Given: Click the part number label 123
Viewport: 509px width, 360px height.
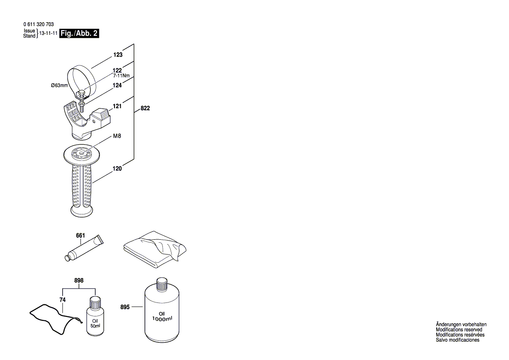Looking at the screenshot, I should (118, 55).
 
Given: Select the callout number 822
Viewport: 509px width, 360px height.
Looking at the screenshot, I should (145, 109).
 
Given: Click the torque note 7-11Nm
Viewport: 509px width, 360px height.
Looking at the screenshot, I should (121, 75).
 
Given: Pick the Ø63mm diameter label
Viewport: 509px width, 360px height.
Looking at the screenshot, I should (60, 85).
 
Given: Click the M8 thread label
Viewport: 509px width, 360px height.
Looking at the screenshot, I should (117, 136).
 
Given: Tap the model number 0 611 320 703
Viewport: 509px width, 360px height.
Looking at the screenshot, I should (39, 25).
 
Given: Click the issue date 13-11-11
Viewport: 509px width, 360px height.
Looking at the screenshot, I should (48, 34).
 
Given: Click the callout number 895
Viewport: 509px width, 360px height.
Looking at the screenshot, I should (125, 307).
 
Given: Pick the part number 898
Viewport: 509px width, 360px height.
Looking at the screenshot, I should (79, 281).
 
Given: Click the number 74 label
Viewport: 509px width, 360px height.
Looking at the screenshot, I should (62, 300).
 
